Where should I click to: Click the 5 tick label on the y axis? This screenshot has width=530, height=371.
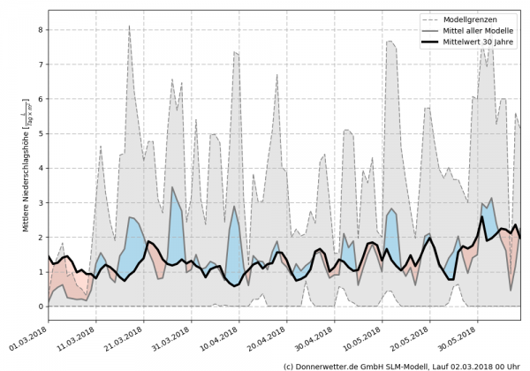pyautogui.click(x=39, y=133)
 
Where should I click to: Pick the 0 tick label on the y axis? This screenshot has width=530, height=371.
pyautogui.click(x=39, y=307)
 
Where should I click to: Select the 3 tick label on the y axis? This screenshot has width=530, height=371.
pyautogui.click(x=39, y=202)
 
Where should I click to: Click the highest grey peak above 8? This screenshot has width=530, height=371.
pyautogui.click(x=129, y=27)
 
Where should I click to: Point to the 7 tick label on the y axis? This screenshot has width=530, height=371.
pyautogui.click(x=39, y=64)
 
